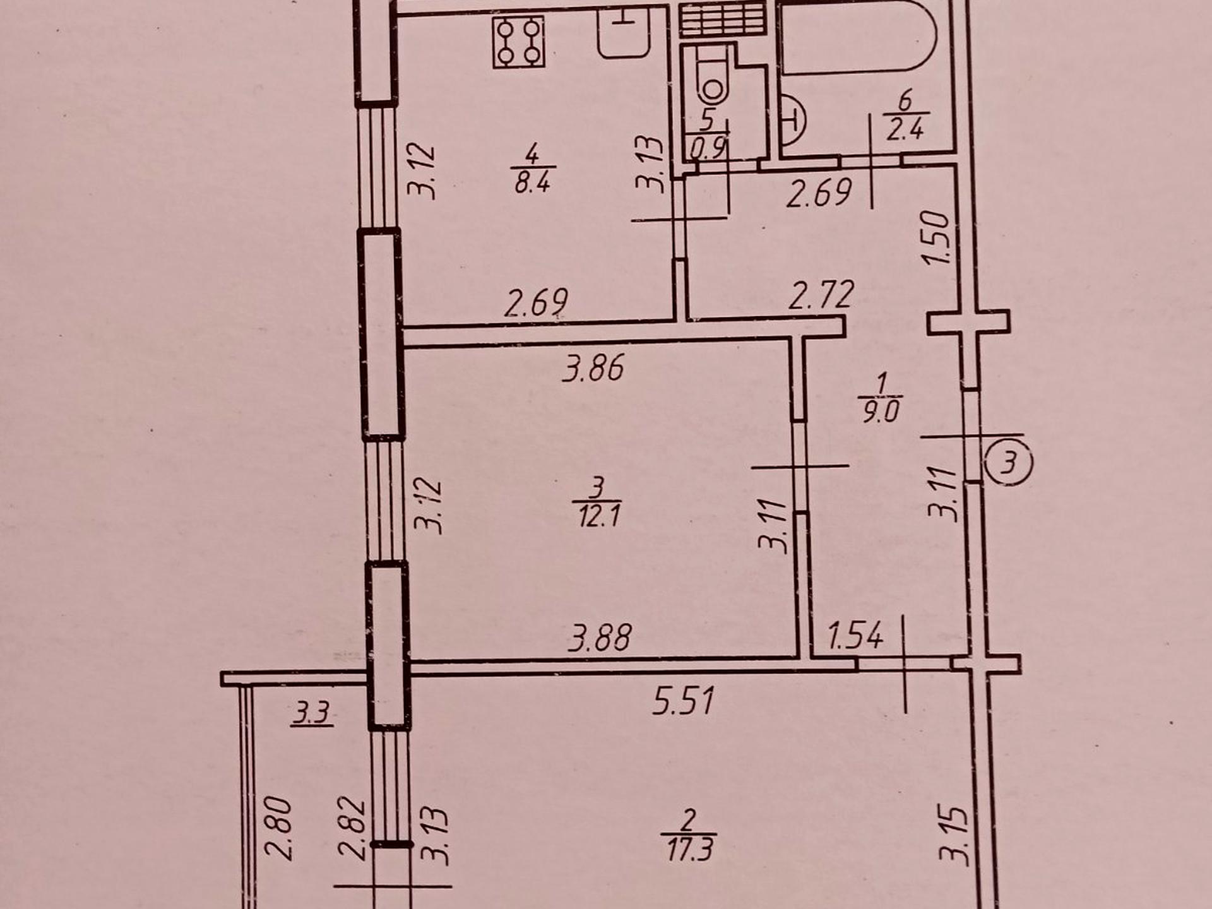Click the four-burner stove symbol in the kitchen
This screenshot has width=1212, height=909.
(519, 42)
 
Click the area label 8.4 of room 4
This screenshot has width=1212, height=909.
(532, 182)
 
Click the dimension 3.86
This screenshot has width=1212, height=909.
(594, 368)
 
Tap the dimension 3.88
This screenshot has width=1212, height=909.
(599, 638)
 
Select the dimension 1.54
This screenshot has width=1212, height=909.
(855, 636)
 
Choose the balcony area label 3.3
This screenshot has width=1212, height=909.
(312, 714)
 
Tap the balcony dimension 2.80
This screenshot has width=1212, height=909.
(279, 829)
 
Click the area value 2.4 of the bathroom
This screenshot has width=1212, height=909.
(905, 130)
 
